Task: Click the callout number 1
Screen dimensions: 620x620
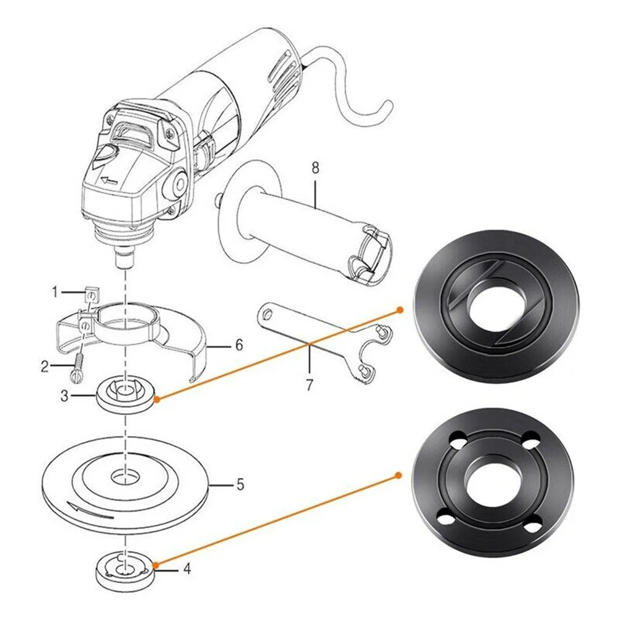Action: (x=55, y=290)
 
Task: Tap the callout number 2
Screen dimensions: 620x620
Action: (x=45, y=367)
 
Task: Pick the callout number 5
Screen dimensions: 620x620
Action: (x=240, y=484)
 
